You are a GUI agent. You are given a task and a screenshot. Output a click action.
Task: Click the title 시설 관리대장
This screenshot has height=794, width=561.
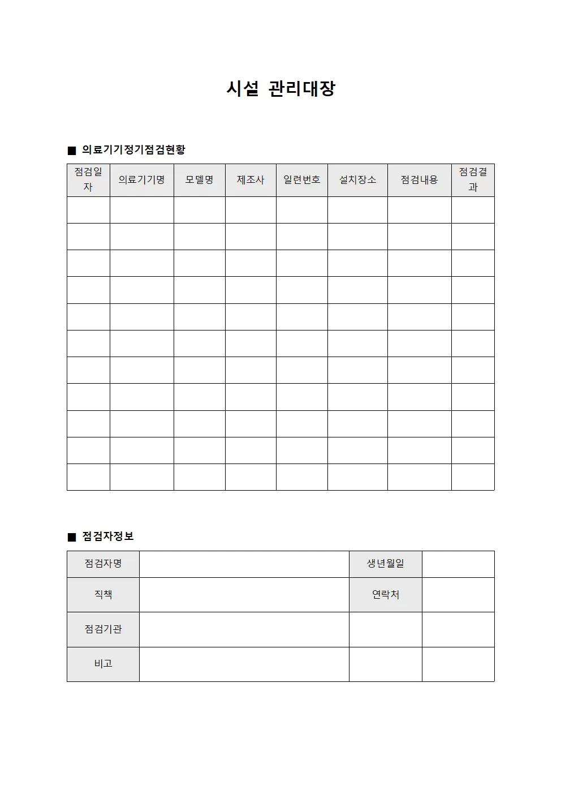[x=280, y=89]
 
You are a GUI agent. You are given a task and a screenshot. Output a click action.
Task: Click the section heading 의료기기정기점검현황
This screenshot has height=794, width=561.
[x=133, y=150]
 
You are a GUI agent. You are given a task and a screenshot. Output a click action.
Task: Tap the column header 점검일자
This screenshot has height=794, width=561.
[x=88, y=180]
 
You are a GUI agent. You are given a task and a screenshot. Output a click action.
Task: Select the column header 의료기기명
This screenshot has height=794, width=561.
[x=141, y=180]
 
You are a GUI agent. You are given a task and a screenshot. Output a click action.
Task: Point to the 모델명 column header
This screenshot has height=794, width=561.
[x=199, y=180]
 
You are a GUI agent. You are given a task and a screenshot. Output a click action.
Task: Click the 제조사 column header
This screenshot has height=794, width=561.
[x=251, y=180]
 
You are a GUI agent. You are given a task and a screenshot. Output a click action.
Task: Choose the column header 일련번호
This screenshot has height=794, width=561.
[x=301, y=180]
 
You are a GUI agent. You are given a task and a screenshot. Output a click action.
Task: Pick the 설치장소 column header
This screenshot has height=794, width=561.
[x=357, y=180]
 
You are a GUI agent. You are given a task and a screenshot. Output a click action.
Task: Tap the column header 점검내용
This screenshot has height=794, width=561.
[x=419, y=180]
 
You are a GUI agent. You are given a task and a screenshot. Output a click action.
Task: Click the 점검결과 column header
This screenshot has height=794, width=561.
[x=473, y=180]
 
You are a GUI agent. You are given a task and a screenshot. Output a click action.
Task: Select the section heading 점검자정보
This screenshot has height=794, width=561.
[x=108, y=537]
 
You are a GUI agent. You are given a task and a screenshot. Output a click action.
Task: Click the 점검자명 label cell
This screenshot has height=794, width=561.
[x=103, y=564]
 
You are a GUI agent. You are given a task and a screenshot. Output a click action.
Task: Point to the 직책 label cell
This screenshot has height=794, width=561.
[x=103, y=595]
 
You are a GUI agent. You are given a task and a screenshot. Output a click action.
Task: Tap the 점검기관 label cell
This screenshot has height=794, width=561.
[x=103, y=629]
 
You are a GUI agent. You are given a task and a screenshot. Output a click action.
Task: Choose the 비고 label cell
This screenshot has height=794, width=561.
[x=103, y=664]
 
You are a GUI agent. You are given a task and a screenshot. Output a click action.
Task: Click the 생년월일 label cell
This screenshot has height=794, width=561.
[x=385, y=564]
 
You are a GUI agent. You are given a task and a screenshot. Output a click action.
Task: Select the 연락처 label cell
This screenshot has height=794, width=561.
[x=385, y=595]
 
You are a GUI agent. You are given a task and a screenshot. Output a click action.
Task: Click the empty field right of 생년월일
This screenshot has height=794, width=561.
[x=458, y=564]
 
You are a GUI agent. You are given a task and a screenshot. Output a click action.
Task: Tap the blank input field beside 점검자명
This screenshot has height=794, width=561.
[x=244, y=564]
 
